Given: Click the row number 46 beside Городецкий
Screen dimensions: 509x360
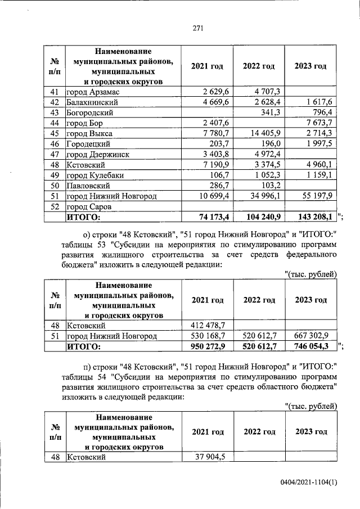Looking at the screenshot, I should [55, 145].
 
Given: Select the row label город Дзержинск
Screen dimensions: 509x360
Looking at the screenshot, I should [98, 155].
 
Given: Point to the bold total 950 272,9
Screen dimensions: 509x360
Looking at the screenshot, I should [208, 346].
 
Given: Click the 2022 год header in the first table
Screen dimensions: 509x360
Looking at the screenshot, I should [259, 66].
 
